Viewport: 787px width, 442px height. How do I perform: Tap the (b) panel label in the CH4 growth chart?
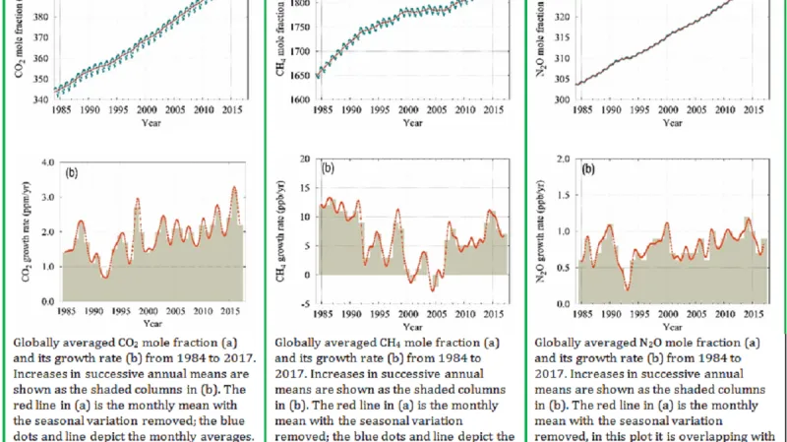click(330, 168)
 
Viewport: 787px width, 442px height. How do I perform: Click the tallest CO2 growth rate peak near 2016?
click(234, 187)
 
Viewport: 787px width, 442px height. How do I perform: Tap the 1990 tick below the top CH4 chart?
click(349, 111)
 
